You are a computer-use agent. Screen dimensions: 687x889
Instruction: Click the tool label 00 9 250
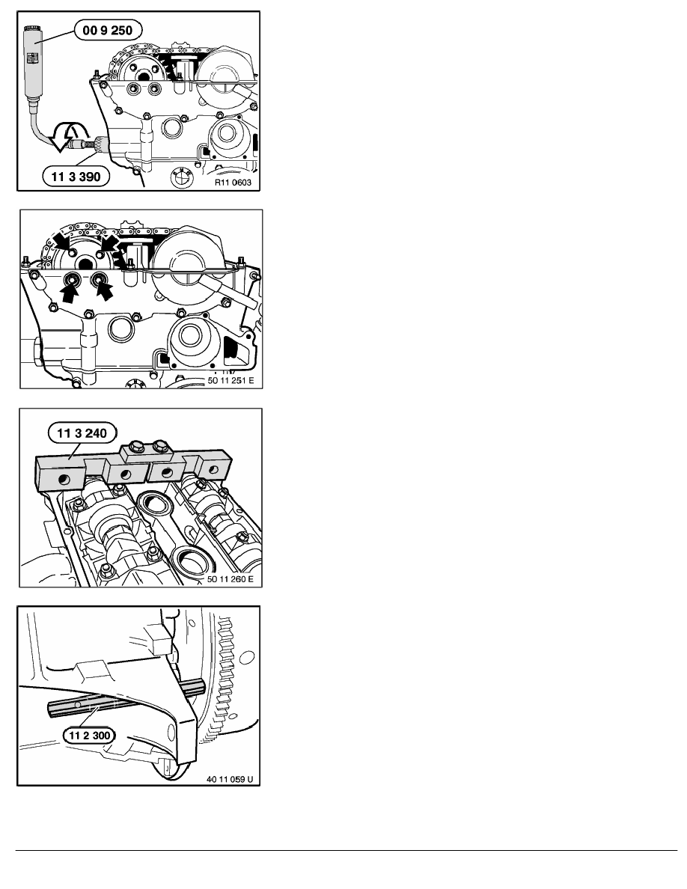pos(108,30)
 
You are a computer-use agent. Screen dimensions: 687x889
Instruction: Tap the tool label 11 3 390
pos(76,177)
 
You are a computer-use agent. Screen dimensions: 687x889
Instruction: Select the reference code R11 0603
pos(233,183)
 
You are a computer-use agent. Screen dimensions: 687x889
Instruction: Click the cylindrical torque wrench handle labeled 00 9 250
pos(33,61)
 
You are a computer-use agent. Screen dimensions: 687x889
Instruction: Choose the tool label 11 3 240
pos(82,434)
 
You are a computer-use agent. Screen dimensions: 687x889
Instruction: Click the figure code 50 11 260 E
pos(230,579)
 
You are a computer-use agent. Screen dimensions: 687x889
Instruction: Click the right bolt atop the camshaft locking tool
pos(160,444)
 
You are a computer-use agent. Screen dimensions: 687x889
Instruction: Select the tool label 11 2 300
pos(90,736)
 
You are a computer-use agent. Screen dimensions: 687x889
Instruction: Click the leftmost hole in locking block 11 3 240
pos(62,480)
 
